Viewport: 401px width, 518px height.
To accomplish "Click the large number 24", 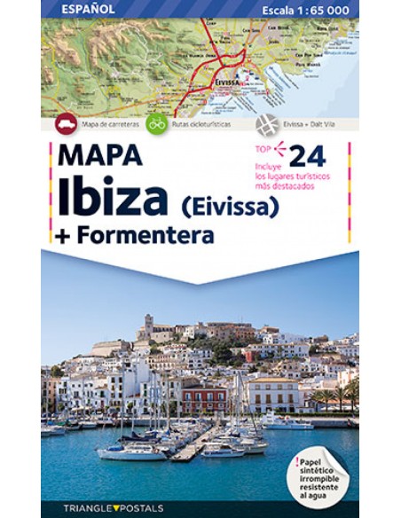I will (307, 154).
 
